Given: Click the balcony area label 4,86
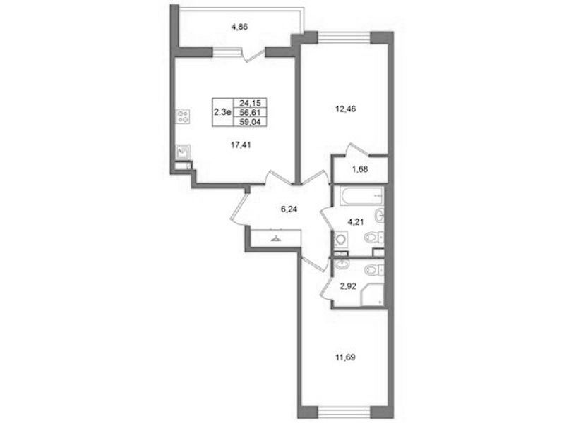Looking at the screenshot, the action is tap(240, 27).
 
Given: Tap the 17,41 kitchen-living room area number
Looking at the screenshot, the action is tap(241, 145).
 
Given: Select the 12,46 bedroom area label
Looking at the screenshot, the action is tap(345, 109).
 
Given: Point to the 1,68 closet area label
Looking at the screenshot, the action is tap(360, 169).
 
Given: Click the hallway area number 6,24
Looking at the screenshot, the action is tap(289, 209).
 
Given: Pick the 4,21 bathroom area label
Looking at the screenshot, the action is tap(355, 222).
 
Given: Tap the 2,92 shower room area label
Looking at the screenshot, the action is tap(347, 286).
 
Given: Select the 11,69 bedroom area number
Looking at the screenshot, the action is tap(345, 357).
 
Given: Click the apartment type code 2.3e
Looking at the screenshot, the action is tap(222, 112).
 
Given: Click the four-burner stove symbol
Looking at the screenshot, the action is tap(183, 116).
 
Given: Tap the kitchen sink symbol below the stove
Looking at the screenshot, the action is tap(183, 152).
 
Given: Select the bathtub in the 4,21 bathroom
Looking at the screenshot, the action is tap(361, 196).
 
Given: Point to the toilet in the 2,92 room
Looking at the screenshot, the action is tap(374, 269).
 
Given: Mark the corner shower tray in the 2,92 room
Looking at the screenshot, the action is tap(373, 294).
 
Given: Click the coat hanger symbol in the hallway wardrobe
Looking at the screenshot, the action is tap(276, 238).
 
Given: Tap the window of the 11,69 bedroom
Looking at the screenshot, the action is tap(344, 412).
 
